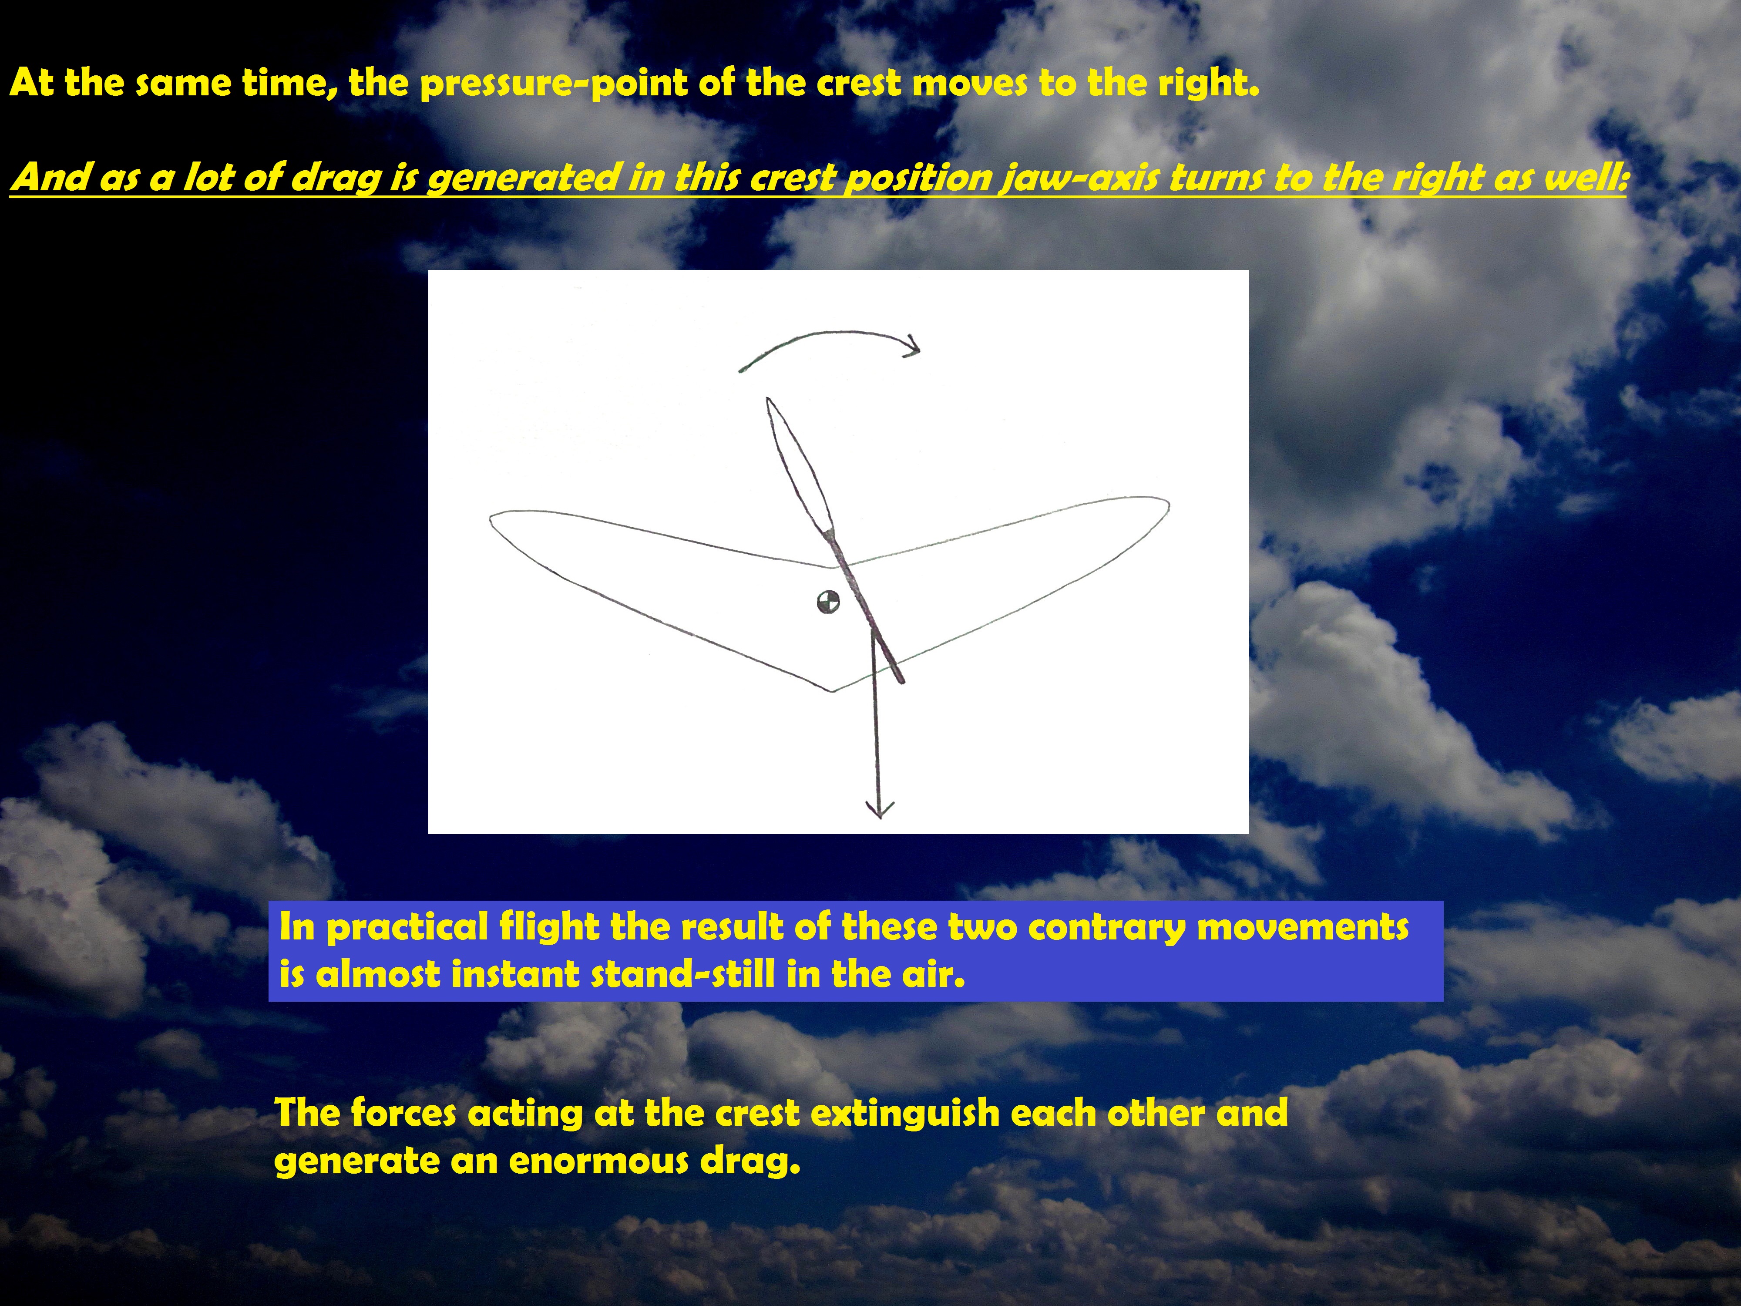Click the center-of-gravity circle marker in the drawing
(x=828, y=602)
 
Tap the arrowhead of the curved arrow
(x=913, y=346)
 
